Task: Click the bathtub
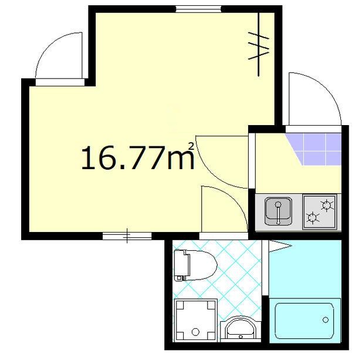pos(307,320)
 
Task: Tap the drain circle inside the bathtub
pos(326,320)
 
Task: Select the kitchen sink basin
pos(278,211)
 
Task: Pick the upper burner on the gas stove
pos(327,204)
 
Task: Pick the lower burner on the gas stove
pos(313,219)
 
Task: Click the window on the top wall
pos(198,9)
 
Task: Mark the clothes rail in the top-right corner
pos(259,44)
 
